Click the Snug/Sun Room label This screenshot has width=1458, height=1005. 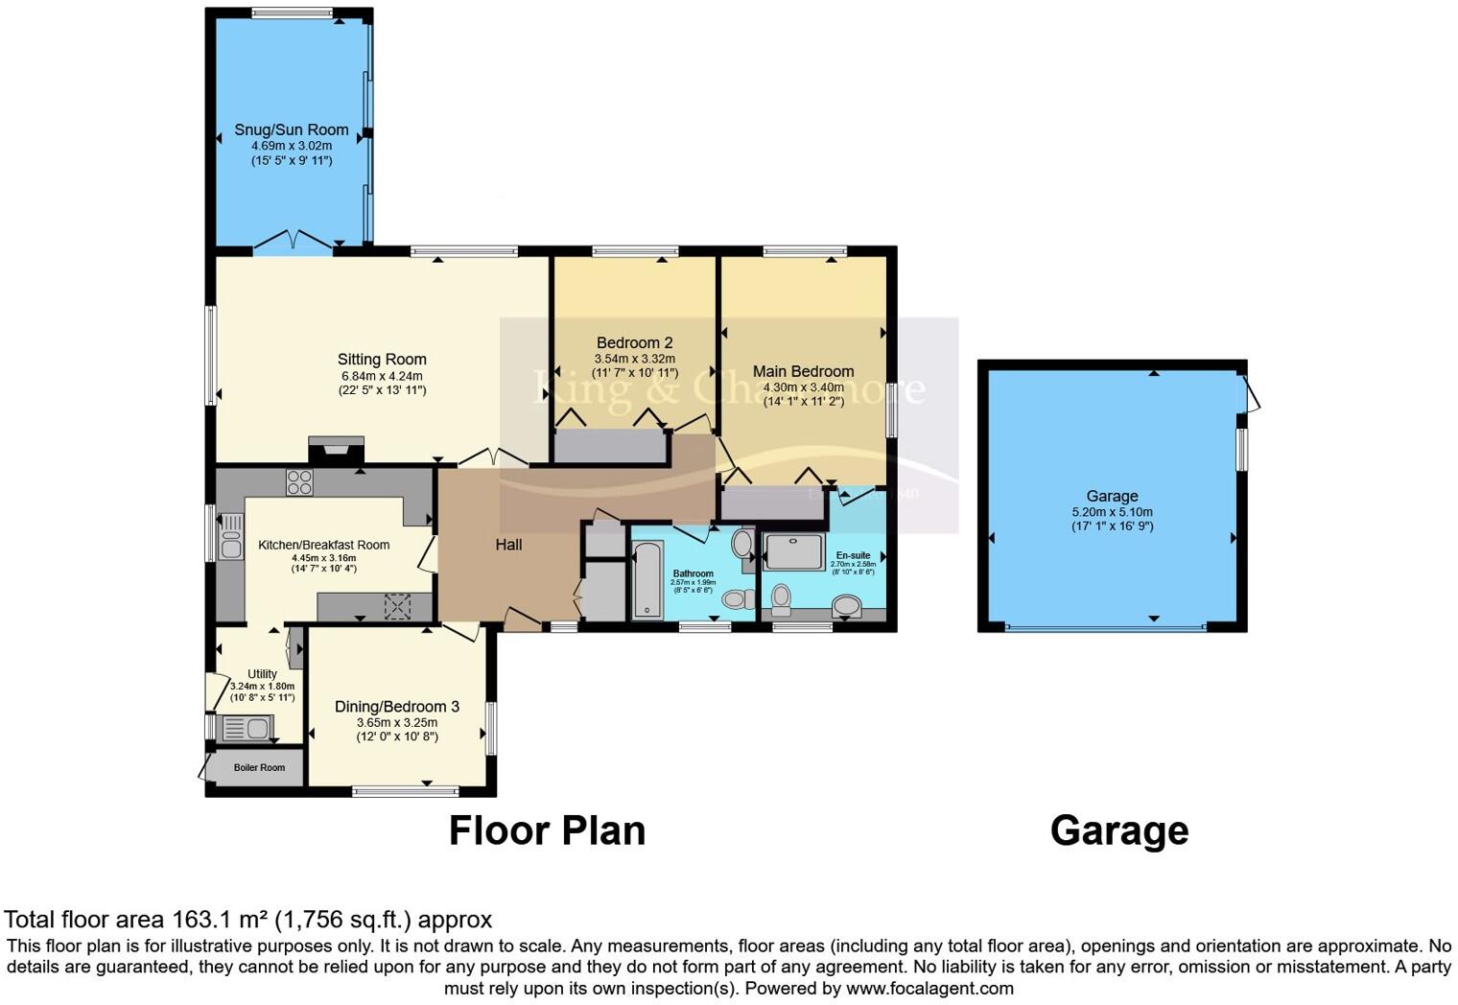point(292,129)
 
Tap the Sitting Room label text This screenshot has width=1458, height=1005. point(382,360)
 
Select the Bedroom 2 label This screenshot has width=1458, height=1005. point(634,342)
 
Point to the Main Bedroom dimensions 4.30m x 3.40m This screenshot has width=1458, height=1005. point(803,387)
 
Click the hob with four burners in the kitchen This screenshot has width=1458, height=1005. point(299,481)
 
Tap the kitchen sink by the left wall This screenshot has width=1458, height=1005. point(231,537)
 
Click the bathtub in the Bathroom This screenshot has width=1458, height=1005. point(647,580)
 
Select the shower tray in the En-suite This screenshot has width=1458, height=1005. point(793,551)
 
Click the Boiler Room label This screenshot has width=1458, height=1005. point(259,767)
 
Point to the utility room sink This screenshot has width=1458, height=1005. point(247,729)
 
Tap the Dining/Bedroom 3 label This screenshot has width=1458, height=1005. point(396,707)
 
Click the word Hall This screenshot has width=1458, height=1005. point(508,545)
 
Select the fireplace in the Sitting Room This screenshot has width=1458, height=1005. point(336,451)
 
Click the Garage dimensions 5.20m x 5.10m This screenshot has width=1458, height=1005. point(1112,512)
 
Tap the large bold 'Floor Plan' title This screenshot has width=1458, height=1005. point(547,830)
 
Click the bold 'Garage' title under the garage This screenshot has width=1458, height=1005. point(1118,830)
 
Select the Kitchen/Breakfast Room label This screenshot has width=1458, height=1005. point(323,545)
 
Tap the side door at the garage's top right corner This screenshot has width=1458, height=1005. point(1250,395)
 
